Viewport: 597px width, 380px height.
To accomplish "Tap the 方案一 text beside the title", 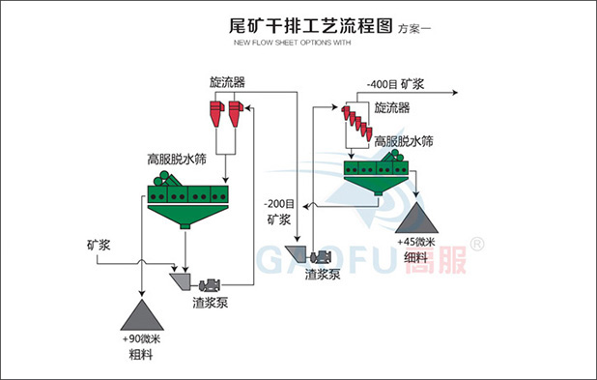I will [416, 27].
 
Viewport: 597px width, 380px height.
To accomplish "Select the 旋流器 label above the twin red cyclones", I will [227, 82].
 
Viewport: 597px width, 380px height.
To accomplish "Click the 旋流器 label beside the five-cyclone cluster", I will [392, 107].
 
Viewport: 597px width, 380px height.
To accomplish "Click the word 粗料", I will [142, 356].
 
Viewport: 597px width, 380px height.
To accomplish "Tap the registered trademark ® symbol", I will [476, 242].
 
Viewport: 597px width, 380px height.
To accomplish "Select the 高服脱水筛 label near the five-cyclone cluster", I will [404, 140].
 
